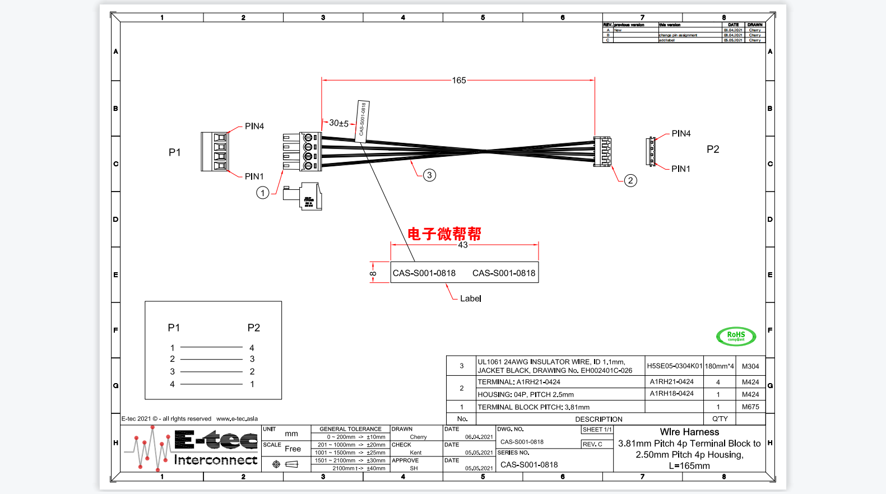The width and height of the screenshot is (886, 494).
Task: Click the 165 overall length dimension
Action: [459, 81]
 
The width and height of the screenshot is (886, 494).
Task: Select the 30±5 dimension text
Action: [338, 123]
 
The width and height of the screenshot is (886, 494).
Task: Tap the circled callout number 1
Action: [262, 193]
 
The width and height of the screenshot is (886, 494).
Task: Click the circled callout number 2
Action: [630, 180]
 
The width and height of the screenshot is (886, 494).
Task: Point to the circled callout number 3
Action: [429, 175]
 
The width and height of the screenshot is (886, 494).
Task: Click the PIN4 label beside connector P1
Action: [254, 127]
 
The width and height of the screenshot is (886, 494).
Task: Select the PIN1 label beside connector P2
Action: [681, 169]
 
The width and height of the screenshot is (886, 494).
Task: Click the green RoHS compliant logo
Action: [736, 336]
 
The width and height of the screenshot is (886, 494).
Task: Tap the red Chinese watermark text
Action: [444, 234]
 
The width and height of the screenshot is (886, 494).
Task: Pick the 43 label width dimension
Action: [463, 245]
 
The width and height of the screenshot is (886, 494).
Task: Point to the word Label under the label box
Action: [471, 299]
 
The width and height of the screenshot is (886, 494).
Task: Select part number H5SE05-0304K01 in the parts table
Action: [674, 366]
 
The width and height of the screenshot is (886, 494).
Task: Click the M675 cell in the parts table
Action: [750, 407]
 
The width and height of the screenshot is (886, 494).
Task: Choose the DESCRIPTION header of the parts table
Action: [599, 419]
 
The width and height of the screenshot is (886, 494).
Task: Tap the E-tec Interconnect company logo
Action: [191, 448]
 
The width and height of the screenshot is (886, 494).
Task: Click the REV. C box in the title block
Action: [593, 444]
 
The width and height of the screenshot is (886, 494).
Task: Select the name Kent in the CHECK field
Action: [416, 453]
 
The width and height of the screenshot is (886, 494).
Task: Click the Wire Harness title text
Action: [689, 432]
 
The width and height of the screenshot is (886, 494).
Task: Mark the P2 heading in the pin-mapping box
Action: [254, 328]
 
